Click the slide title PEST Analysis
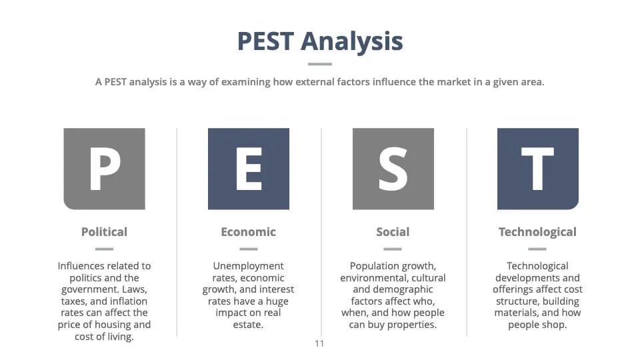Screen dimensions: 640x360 coord(320,41)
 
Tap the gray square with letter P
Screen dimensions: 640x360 coord(105,169)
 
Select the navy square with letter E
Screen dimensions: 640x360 coord(249,169)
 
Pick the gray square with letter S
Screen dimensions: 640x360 coord(393,169)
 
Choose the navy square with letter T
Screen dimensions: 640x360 coord(537,169)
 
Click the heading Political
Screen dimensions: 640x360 coord(104,232)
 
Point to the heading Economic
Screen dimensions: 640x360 coord(248,232)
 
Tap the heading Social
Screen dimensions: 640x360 coord(393,232)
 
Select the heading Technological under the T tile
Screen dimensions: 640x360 coord(537,232)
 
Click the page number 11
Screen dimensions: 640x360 coord(319,344)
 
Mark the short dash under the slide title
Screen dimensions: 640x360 coord(320,64)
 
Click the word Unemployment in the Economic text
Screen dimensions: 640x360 coord(248,266)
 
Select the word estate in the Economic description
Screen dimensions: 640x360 coord(248,325)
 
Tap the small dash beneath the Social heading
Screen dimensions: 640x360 coord(393,249)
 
